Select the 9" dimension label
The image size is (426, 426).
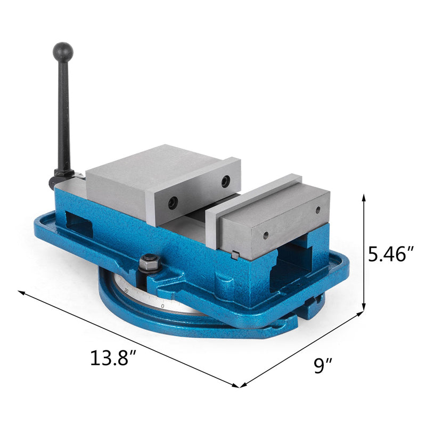click(323, 366)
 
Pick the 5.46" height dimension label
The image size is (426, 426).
click(391, 254)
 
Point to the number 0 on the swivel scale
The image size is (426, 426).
click(162, 306)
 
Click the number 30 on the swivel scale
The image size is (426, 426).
click(126, 290)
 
